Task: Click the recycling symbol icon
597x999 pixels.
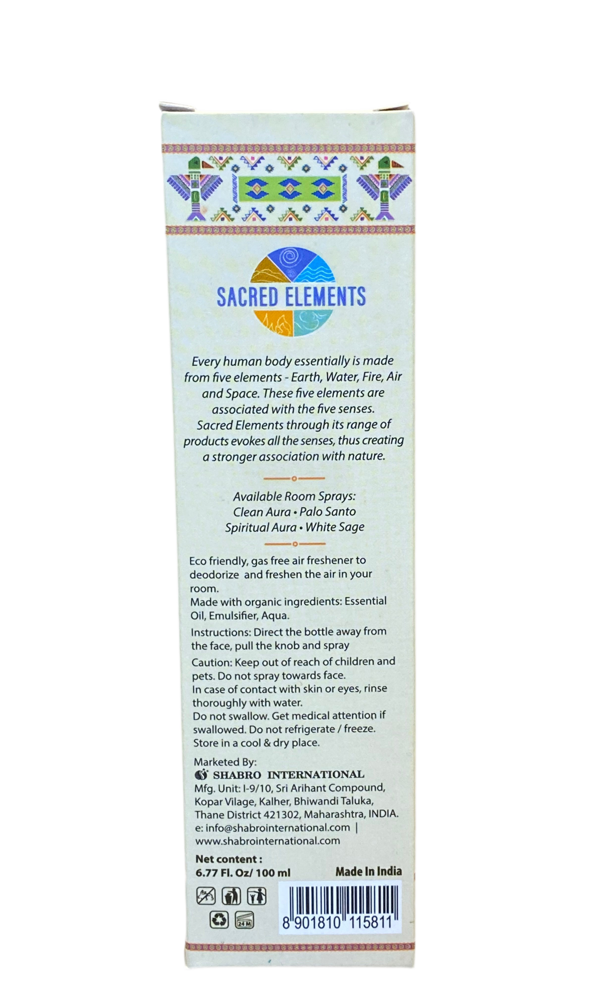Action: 219,920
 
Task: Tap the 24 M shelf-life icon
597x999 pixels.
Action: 244,920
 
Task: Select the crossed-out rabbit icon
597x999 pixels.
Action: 206,896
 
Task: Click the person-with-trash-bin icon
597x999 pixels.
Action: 231,896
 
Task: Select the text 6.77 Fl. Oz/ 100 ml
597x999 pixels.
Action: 243,873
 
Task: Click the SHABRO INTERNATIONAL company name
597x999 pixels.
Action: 288,774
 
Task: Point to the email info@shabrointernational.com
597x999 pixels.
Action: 278,827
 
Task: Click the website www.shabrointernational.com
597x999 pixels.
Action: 268,841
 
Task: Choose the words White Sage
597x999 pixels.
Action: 335,527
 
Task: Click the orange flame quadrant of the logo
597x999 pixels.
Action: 273,322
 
